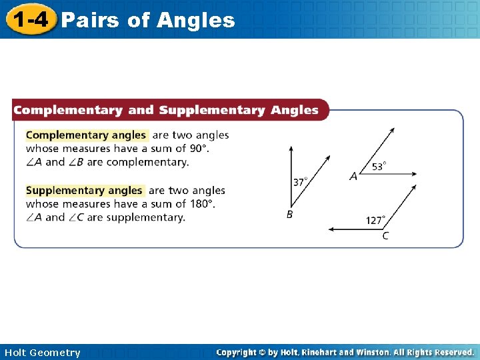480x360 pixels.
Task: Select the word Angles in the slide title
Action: tap(196, 21)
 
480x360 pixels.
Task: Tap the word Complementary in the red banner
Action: tap(68, 110)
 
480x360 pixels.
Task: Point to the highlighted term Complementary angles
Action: tap(86, 135)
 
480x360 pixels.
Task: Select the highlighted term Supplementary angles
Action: tap(84, 191)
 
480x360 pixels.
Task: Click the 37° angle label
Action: tap(301, 181)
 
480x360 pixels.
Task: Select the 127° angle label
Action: tap(375, 221)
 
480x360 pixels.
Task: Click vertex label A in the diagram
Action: tap(353, 177)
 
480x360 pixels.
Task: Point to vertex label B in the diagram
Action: tap(289, 215)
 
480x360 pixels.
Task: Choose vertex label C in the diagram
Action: tap(386, 236)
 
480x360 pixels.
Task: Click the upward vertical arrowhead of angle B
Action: tap(290, 149)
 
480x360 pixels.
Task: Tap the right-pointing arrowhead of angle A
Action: tap(414, 175)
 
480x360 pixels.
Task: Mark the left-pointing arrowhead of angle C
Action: tap(331, 229)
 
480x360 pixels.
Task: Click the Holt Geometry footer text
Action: tap(42, 353)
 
